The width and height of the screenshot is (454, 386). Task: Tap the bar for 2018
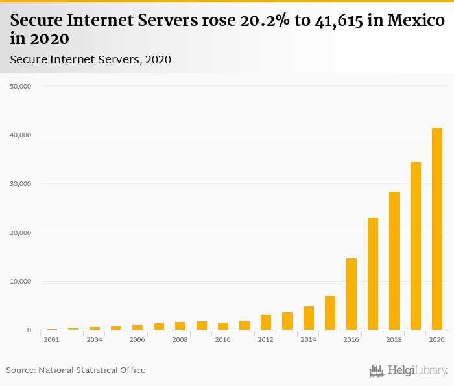tap(394, 261)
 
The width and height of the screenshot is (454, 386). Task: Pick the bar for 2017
tap(373, 274)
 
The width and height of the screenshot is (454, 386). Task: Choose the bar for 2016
tap(352, 294)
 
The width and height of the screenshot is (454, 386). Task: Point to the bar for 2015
tap(330, 313)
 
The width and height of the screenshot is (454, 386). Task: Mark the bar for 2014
tap(309, 318)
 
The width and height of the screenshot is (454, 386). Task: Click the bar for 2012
tap(266, 323)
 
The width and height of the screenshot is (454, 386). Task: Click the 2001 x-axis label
tap(51, 339)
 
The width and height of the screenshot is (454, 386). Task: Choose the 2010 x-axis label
tap(222, 339)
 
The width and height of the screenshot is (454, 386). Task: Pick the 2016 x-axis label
tap(351, 339)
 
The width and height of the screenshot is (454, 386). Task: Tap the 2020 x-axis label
tap(436, 339)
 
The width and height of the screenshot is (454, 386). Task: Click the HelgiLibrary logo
tap(408, 370)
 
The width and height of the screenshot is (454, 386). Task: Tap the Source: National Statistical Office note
tap(76, 370)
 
